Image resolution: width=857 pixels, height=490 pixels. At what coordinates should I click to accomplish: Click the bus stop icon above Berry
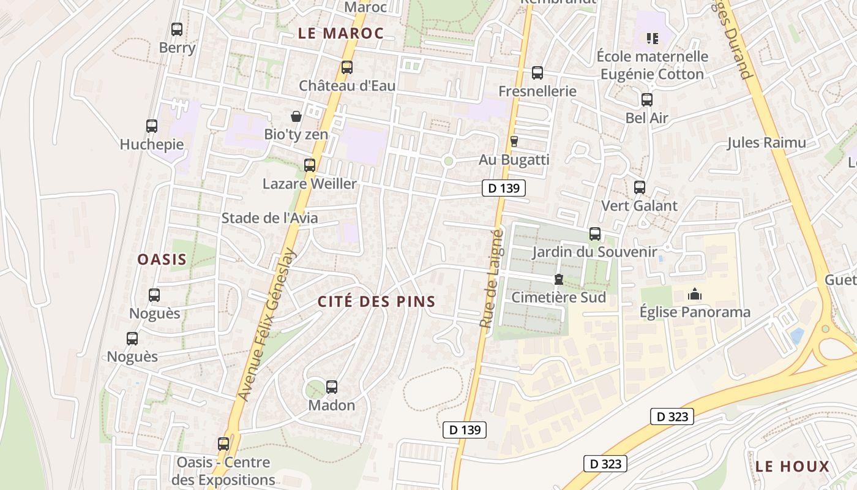coord(177,29)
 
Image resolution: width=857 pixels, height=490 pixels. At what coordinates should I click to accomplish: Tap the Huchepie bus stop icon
coord(152,126)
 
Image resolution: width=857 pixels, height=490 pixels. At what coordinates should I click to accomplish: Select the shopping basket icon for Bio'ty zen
coord(296,116)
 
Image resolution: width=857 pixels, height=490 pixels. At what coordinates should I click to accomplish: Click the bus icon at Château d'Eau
coord(347,67)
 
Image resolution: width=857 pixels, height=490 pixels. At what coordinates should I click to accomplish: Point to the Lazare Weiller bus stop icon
coord(310,165)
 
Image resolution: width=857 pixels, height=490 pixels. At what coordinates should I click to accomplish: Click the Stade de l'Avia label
coord(269,218)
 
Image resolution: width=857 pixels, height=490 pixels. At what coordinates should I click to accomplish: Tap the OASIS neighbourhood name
coord(162,260)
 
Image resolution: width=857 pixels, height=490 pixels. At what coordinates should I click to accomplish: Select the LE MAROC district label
coord(341,34)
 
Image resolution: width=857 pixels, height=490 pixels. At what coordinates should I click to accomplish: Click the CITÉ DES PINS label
coord(376,301)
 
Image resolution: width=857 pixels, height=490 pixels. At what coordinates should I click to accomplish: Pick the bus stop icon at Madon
coord(332,387)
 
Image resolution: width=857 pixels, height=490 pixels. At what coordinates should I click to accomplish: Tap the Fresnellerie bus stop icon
coord(537,73)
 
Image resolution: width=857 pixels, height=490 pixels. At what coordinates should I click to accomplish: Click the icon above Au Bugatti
coord(514,141)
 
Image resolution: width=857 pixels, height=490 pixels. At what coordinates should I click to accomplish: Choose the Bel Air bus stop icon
coord(647,100)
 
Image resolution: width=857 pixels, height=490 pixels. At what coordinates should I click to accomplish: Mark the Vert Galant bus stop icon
coord(640,187)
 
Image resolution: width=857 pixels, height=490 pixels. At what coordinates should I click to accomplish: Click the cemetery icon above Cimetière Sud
coord(558,280)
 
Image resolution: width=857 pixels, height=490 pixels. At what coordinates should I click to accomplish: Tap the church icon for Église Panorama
coord(695,295)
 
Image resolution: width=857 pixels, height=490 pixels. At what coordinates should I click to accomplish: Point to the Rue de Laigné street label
coord(492,279)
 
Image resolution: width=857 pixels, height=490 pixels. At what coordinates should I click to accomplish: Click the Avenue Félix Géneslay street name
coord(267,325)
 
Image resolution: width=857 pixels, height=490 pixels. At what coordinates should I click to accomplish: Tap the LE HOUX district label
coord(792,467)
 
